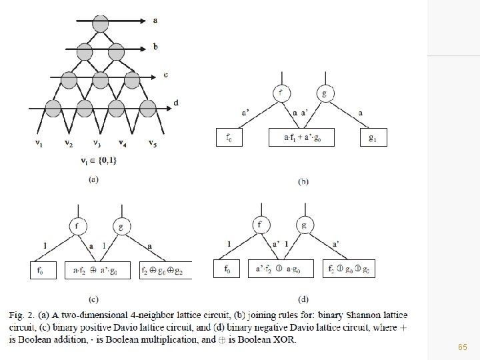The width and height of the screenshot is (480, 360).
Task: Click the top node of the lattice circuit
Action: pyautogui.click(x=101, y=20)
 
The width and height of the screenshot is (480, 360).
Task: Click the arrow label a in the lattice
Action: pyautogui.click(x=155, y=20)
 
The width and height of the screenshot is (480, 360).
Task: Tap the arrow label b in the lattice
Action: pyautogui.click(x=155, y=47)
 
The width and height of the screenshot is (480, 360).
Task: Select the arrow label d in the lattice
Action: pyautogui.click(x=175, y=102)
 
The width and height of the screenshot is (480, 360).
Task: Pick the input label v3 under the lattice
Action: pyautogui.click(x=97, y=143)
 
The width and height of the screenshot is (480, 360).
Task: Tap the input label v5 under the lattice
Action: pyautogui.click(x=153, y=143)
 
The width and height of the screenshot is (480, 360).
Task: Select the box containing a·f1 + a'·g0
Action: pyautogui.click(x=301, y=138)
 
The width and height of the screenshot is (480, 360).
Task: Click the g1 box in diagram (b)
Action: pyautogui.click(x=373, y=138)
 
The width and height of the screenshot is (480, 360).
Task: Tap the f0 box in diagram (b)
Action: pyautogui.click(x=229, y=138)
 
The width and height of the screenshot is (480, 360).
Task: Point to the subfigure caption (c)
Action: pyautogui.click(x=97, y=297)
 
